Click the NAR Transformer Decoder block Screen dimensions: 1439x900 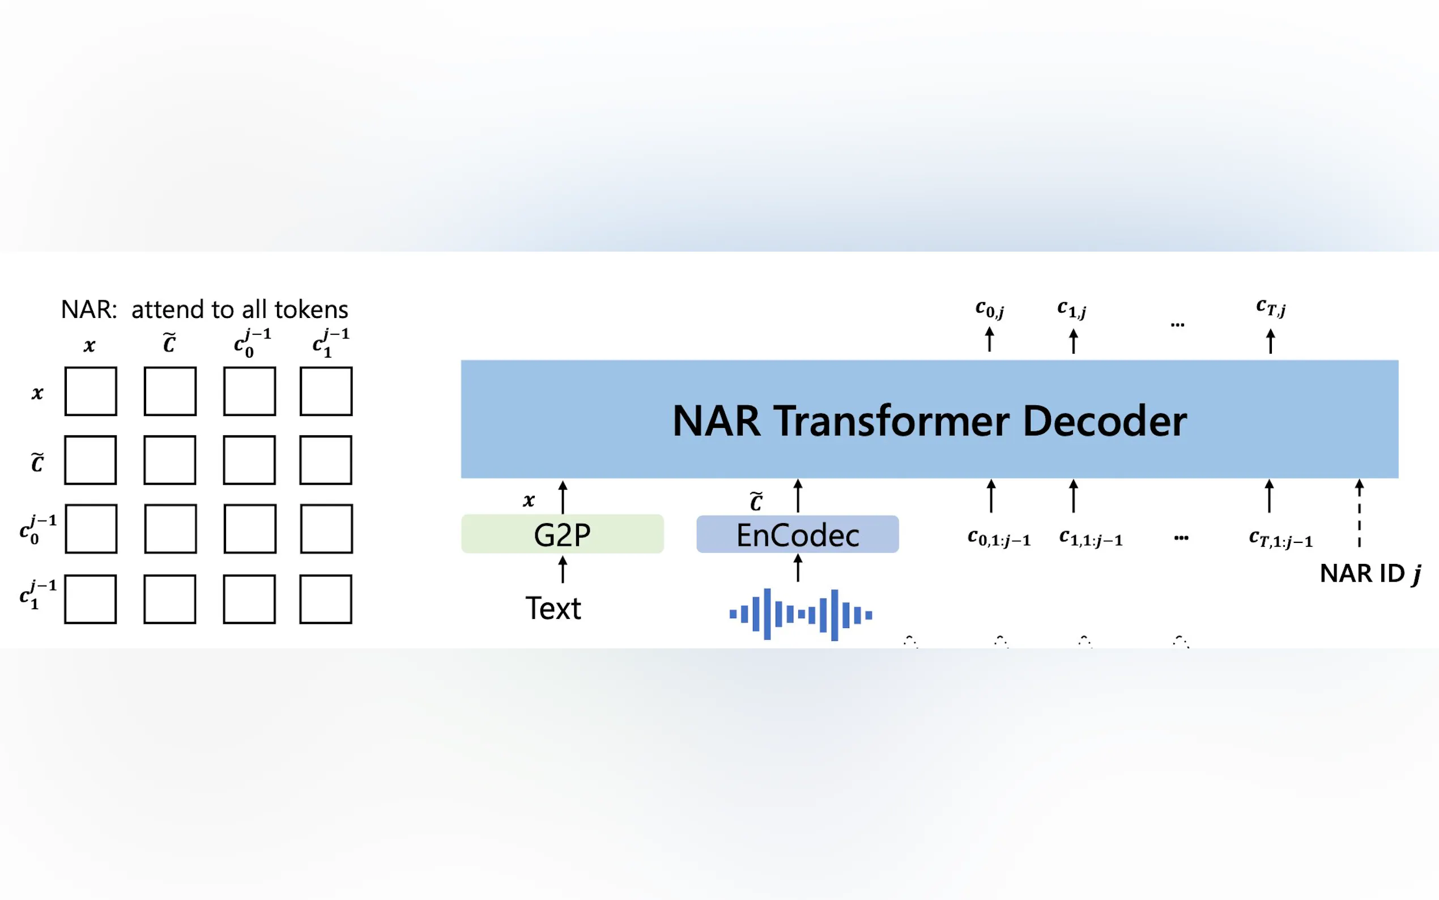[929, 419]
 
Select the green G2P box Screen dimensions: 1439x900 [562, 534]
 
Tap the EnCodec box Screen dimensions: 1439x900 [797, 534]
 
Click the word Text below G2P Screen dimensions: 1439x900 [552, 608]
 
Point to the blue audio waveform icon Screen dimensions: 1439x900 [801, 614]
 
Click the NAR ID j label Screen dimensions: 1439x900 [1370, 574]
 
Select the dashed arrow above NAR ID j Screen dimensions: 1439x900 [1359, 513]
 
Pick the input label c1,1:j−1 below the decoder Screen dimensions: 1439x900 [1091, 538]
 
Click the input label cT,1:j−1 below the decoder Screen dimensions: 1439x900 [1280, 540]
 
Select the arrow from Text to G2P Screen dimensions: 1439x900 [562, 570]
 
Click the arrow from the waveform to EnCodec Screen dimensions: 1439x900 [798, 568]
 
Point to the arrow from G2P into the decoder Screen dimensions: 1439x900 [563, 497]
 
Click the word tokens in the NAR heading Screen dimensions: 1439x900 [311, 309]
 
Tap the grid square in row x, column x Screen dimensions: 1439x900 [91, 391]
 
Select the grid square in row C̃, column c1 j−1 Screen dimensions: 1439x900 [325, 460]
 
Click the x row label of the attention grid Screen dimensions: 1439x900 [37, 393]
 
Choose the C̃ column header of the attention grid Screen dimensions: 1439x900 [169, 343]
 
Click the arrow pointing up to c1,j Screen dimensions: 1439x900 [1073, 342]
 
